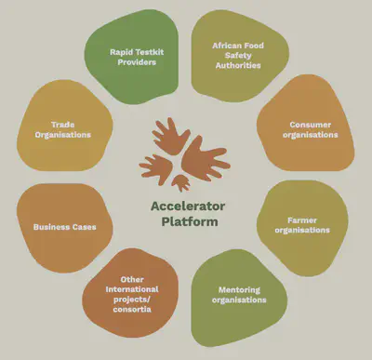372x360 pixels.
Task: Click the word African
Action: [227, 45]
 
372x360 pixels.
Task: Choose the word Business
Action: [51, 226]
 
